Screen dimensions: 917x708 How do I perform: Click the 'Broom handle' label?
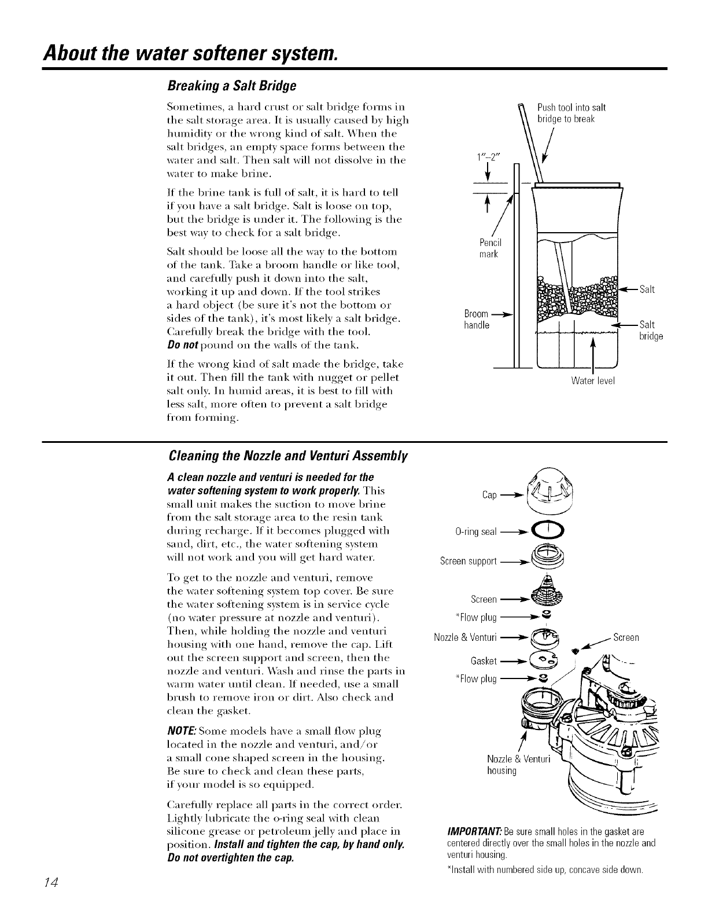476,320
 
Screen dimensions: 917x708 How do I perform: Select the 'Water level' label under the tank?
592,380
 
